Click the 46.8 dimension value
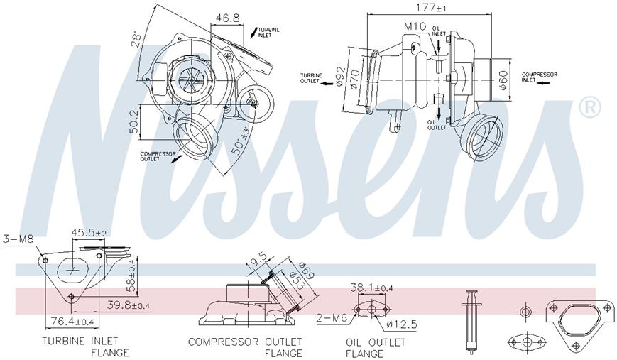point(227,18)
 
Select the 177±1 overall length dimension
point(431,7)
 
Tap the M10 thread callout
point(415,26)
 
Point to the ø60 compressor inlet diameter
point(503,80)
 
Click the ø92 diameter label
point(340,75)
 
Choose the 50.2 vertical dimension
point(133,121)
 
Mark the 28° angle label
point(136,38)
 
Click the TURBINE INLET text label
point(268,32)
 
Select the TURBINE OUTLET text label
point(311,78)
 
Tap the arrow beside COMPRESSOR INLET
point(544,82)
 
